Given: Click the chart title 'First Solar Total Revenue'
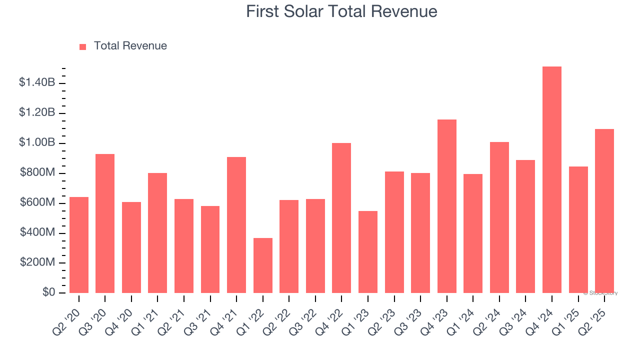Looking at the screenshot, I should click(x=341, y=11).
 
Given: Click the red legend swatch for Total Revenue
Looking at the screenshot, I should click(x=83, y=46).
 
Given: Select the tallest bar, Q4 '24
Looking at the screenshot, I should click(x=552, y=180).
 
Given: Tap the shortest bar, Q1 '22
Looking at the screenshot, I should click(x=263, y=265).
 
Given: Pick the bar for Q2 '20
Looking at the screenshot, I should click(x=79, y=245).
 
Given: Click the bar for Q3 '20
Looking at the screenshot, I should click(x=105, y=223).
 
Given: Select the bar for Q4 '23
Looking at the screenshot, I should click(x=447, y=206).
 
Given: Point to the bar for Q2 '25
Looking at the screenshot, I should click(x=604, y=211).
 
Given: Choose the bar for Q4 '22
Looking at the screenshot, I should click(x=341, y=218).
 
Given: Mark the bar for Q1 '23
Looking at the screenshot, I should click(x=368, y=252).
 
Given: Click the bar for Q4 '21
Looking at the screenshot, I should click(x=236, y=225).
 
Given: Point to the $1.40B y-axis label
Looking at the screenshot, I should click(x=37, y=82).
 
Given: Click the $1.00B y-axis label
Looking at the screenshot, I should click(x=37, y=142).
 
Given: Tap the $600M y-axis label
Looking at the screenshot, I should click(x=37, y=202).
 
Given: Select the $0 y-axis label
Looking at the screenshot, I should click(x=48, y=292).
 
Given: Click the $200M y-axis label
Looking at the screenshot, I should click(x=37, y=262).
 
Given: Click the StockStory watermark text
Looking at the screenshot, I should click(x=600, y=293).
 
